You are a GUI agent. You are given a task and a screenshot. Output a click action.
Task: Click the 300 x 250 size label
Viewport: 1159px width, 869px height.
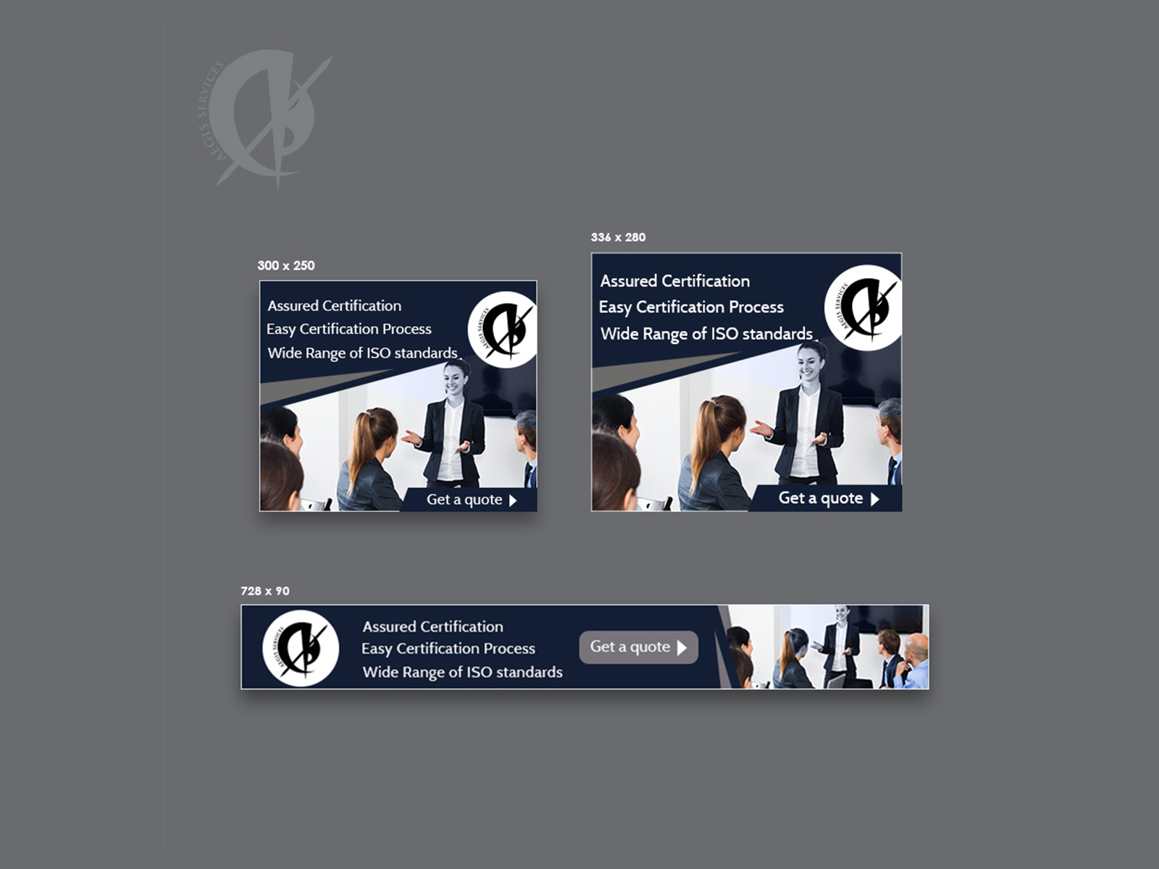(286, 266)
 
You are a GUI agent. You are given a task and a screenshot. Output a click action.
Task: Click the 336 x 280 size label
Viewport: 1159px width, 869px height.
(618, 238)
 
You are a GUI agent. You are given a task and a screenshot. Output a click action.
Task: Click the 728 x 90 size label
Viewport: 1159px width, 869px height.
(265, 591)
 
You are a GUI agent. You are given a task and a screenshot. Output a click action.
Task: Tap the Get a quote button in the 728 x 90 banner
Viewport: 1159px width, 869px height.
(638, 647)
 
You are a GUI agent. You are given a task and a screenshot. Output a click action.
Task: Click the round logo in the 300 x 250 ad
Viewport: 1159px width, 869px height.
(503, 330)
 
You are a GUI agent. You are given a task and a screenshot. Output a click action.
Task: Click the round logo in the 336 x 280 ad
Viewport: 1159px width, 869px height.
(863, 308)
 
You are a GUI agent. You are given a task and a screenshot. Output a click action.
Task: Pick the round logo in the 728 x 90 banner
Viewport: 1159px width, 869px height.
(301, 648)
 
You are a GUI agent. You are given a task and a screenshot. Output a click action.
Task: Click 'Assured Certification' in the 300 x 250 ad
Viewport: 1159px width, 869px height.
(334, 306)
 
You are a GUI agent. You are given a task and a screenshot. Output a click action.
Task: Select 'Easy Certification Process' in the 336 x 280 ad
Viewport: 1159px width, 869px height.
(691, 307)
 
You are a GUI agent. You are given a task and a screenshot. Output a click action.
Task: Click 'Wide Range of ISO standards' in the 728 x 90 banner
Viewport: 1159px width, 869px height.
(462, 672)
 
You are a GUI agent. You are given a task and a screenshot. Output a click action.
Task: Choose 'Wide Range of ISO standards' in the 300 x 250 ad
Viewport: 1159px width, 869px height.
(362, 353)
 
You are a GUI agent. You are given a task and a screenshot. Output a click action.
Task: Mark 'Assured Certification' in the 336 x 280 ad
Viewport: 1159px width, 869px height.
(674, 281)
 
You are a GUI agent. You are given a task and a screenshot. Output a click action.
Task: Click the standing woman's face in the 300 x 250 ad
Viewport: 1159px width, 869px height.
(454, 379)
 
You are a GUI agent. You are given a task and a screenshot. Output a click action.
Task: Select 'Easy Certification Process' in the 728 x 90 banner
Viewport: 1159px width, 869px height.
(448, 649)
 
